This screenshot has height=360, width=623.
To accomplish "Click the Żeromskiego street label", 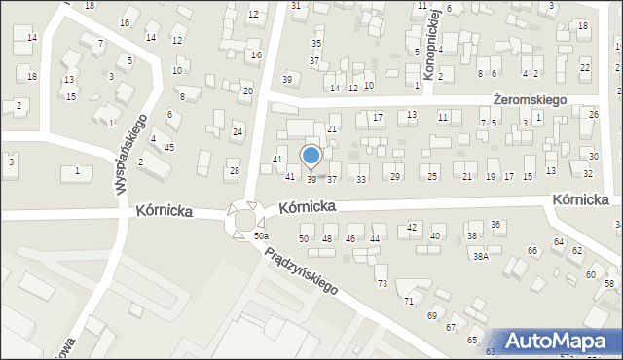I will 530,99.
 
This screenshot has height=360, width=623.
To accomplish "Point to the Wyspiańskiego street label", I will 131,154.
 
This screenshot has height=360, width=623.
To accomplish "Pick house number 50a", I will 261,236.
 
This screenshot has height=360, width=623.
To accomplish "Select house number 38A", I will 480,256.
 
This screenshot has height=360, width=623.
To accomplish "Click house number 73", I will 383,283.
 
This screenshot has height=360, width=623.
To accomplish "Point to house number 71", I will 409,301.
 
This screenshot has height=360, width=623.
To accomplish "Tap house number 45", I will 169,147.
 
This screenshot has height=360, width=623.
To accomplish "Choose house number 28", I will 234,171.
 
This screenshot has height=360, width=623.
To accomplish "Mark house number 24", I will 238,131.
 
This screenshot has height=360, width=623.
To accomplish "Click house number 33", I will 361,179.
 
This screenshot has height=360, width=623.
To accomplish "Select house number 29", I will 395,176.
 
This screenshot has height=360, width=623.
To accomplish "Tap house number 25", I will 432,176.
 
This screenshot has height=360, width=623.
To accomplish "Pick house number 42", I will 412,227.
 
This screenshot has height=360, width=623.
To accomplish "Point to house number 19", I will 490,176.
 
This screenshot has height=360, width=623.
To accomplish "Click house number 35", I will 316,43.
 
